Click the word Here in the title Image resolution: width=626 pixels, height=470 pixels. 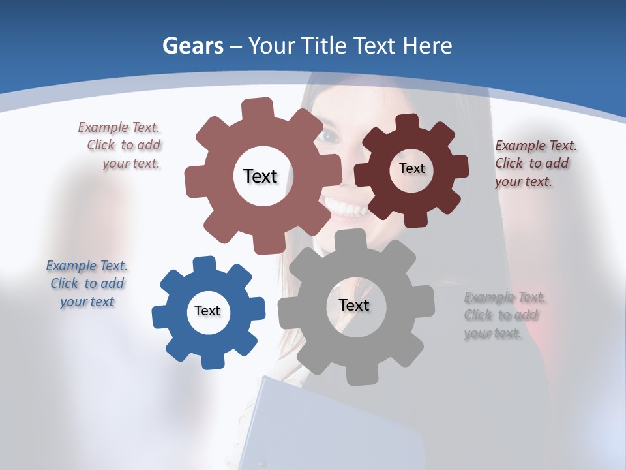click(x=427, y=46)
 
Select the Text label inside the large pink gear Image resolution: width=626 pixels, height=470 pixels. click(x=260, y=176)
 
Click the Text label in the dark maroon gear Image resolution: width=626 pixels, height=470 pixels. click(x=411, y=168)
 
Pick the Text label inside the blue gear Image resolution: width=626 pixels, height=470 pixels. click(x=207, y=311)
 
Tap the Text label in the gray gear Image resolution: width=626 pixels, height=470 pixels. click(x=354, y=305)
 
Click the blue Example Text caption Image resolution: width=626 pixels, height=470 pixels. click(x=87, y=283)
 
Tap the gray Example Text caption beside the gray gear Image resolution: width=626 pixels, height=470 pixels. click(x=505, y=315)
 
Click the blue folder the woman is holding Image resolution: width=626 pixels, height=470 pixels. click(x=326, y=424)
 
